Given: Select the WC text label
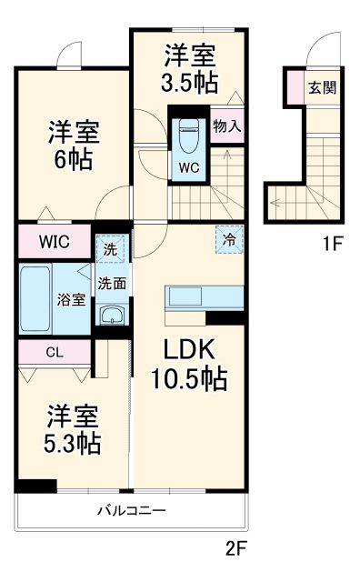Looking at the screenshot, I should point(190,167).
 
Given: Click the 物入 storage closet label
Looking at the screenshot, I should point(226,125).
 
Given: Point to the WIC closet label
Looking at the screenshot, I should point(54,243).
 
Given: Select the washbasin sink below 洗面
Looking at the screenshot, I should point(113,316).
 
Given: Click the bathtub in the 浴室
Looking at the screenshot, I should point(36,299).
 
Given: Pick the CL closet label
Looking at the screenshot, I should point(53,352).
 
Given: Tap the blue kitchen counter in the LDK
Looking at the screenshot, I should point(204,297).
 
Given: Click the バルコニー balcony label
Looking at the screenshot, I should point(132,511).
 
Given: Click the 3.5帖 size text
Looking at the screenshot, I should point(190,82).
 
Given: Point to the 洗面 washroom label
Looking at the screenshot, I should point(113,283).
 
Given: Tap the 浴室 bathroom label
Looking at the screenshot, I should point(73,299).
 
